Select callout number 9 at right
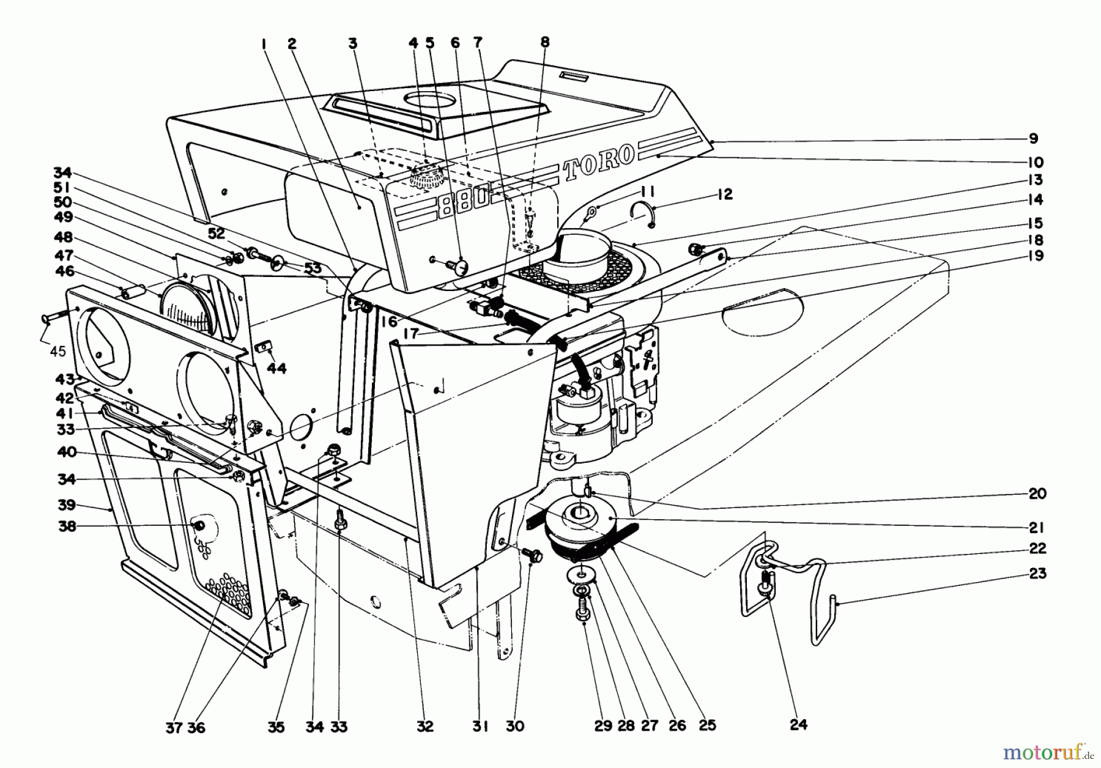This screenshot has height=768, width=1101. tap(1033, 139)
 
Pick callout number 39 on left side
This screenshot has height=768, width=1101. tap(67, 504)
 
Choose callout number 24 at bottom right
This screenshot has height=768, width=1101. tap(798, 725)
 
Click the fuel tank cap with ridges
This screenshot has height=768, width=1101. tap(428, 178)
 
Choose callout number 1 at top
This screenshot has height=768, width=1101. tap(264, 43)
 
